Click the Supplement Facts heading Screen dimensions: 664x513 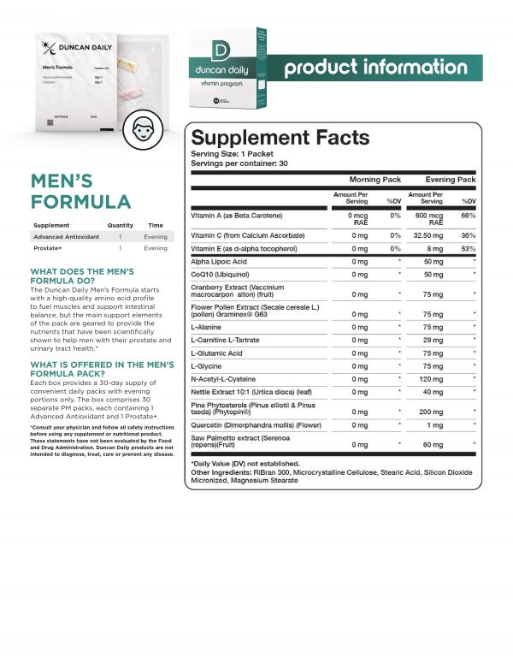coord(280,137)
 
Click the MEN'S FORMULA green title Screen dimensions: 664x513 coord(80,192)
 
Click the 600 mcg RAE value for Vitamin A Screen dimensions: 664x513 coord(433,219)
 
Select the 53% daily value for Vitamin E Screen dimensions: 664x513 coord(467,248)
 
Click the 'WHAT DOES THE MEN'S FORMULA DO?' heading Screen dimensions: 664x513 coord(81,276)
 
